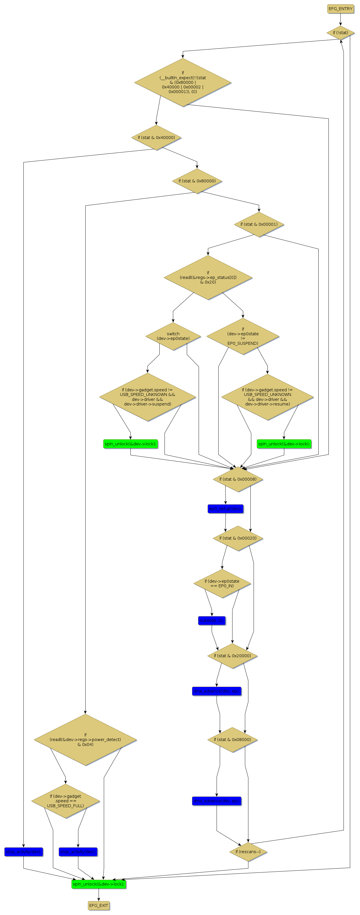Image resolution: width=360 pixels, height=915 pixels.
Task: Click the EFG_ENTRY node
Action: (340, 9)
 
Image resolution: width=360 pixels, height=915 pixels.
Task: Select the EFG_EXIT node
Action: (98, 905)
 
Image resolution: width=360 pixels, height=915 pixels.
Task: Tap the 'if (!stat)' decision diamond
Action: (340, 33)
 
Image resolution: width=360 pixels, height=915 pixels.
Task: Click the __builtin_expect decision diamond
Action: (183, 82)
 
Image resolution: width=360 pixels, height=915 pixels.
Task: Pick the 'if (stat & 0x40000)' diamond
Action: (156, 138)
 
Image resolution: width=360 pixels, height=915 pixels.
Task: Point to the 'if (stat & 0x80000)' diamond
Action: (197, 181)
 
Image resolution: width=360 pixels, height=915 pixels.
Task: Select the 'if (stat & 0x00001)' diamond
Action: (259, 224)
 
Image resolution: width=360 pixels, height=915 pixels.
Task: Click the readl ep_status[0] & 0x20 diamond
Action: (208, 277)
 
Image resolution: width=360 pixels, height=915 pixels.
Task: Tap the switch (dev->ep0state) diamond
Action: (173, 336)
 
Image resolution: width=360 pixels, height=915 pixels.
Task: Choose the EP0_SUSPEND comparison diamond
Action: (243, 336)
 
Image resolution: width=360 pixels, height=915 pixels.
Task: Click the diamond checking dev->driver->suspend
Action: (147, 397)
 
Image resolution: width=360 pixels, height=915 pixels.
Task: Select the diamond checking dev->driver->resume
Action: (267, 397)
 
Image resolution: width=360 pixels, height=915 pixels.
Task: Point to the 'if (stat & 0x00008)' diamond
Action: (238, 479)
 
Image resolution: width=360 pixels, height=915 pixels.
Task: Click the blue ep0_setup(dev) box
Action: (225, 509)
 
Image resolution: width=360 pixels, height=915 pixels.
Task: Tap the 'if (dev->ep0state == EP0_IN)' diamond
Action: (222, 583)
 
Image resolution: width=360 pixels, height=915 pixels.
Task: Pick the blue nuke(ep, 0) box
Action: (212, 621)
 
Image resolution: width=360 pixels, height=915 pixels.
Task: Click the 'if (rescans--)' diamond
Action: (248, 851)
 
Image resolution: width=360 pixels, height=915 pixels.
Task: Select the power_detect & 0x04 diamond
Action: (85, 740)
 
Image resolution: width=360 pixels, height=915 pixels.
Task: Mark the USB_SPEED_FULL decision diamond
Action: (65, 801)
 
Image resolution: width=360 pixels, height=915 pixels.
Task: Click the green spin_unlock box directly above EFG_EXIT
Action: (98, 884)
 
